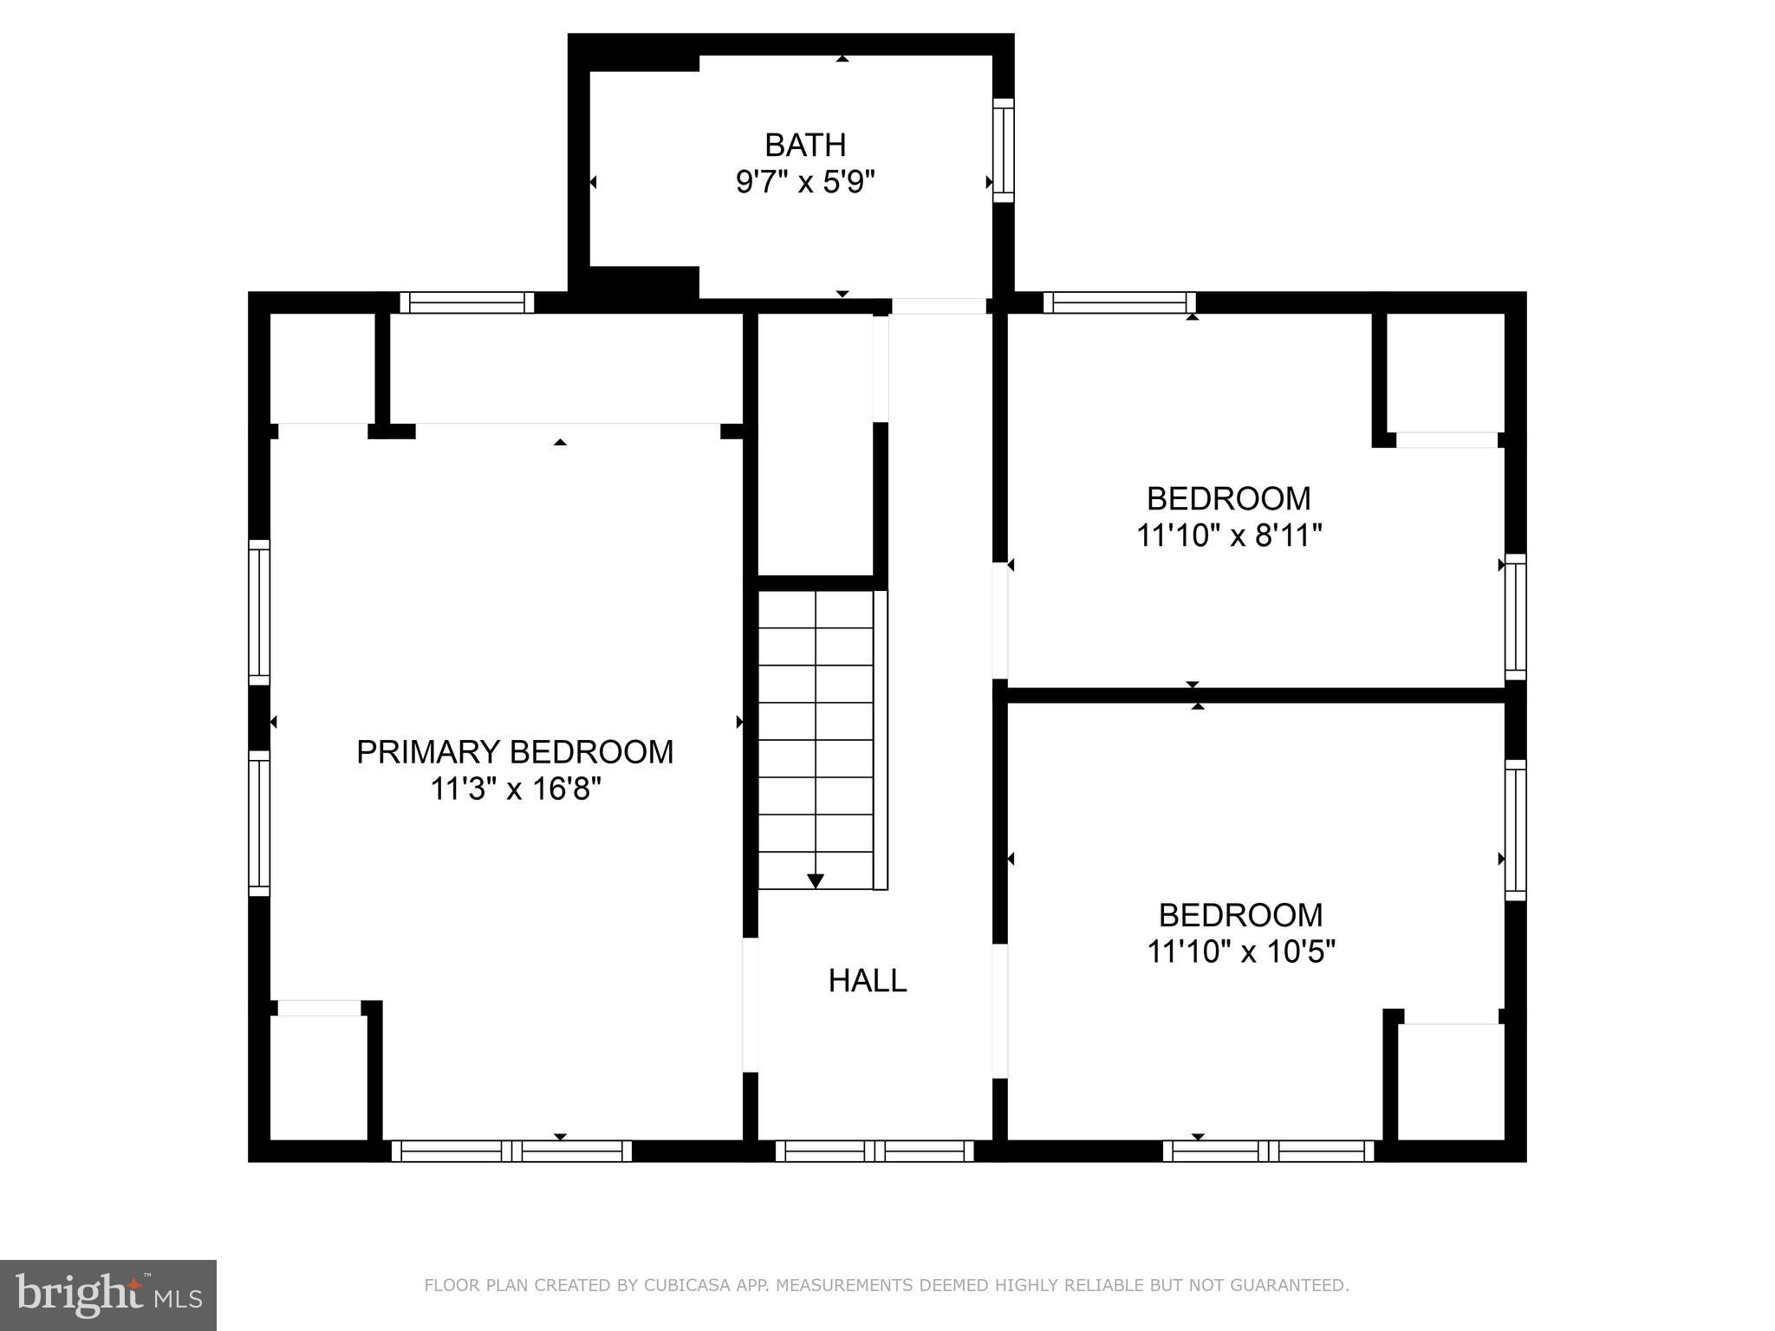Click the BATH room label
pyautogui.click(x=804, y=145)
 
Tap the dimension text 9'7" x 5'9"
pyautogui.click(x=804, y=183)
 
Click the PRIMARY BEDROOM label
pyautogui.click(x=515, y=752)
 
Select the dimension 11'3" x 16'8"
pyautogui.click(x=515, y=789)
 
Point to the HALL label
pyautogui.click(x=867, y=981)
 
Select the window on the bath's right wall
pyautogui.click(x=1003, y=150)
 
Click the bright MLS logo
pyautogui.click(x=107, y=1295)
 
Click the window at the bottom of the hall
pyautogui.click(x=874, y=1151)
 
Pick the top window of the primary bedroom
pyautogui.click(x=467, y=302)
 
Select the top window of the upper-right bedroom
pyautogui.click(x=1119, y=302)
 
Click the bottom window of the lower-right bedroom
pyautogui.click(x=1268, y=1151)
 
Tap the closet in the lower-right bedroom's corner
pyautogui.click(x=1450, y=1081)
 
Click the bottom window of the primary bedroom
pyautogui.click(x=511, y=1151)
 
